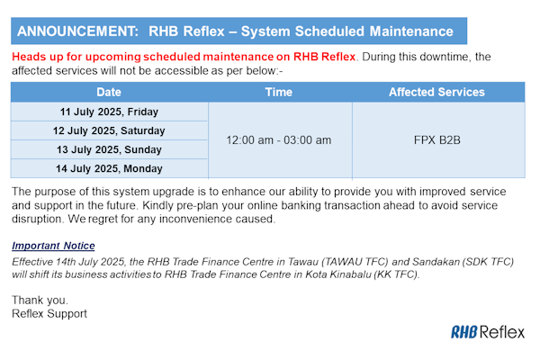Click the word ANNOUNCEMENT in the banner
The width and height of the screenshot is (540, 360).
(77, 31)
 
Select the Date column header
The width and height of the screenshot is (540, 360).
(109, 92)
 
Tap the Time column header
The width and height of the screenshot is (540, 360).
(279, 92)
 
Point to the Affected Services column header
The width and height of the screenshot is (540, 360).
(436, 92)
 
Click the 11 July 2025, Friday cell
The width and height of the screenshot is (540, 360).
(109, 112)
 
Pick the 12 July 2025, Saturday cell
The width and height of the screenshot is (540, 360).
(109, 130)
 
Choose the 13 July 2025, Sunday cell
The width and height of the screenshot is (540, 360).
(109, 149)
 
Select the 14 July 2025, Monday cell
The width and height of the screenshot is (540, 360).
(109, 168)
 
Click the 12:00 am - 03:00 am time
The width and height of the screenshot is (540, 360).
(279, 140)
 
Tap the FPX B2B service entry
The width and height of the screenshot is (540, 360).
(437, 140)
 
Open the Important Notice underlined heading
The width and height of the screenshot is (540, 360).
(53, 246)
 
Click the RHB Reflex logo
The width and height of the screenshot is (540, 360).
(488, 332)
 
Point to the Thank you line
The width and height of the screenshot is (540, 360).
(40, 300)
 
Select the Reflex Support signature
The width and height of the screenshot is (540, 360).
(49, 313)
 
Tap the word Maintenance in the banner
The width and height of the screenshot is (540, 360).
(411, 31)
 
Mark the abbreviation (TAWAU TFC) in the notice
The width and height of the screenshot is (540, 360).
(355, 262)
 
